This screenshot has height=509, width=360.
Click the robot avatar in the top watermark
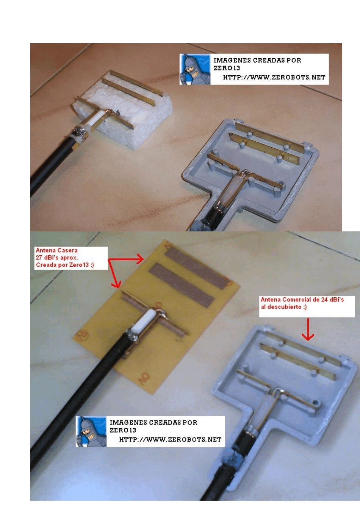(x=195, y=69)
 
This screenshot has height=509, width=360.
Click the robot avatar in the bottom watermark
(x=91, y=431)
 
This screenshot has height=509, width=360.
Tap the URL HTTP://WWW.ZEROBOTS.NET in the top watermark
(x=274, y=78)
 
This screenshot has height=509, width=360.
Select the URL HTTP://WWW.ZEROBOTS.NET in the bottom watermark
(x=170, y=439)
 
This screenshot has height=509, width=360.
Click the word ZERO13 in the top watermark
(x=227, y=68)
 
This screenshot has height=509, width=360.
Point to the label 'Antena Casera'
(x=56, y=250)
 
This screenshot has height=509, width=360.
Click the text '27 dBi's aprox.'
(x=56, y=258)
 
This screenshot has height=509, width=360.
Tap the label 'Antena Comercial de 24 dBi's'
(x=302, y=300)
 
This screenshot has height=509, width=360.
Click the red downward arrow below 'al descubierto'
(x=308, y=329)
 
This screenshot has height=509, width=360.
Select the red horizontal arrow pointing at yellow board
(x=126, y=259)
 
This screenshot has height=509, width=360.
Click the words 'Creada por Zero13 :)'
(x=65, y=265)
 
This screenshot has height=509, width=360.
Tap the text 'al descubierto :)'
(x=283, y=307)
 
